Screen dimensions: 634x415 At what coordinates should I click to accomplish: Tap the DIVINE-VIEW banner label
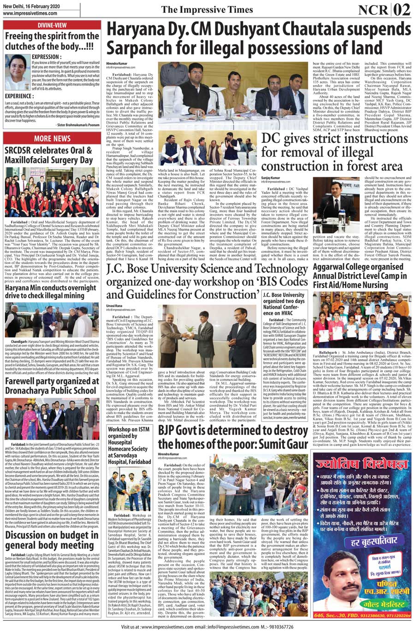pos(52,25)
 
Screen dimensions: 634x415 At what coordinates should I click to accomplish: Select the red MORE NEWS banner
pos(52,138)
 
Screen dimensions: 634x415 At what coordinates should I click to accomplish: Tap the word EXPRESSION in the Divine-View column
pos(46,57)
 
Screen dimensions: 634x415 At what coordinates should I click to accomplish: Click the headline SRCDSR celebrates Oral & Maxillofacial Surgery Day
pos(48,155)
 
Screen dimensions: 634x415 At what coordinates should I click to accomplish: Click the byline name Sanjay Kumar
pos(271,177)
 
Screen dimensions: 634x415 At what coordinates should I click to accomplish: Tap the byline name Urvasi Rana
pos(114,306)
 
